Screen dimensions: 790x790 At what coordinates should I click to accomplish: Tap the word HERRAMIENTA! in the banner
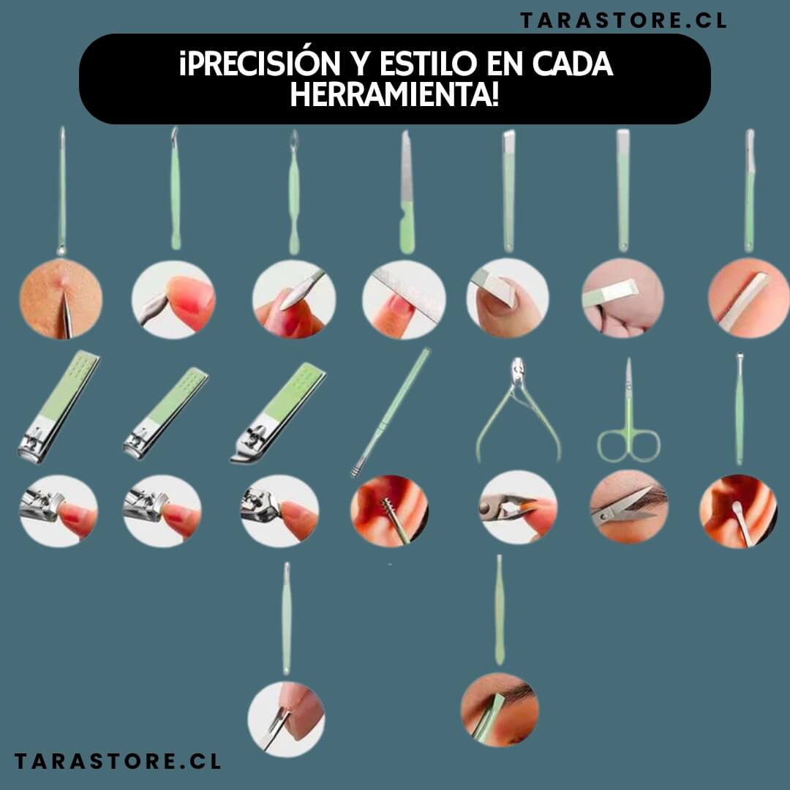click(394, 95)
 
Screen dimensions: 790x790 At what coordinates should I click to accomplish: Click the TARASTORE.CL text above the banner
click(623, 20)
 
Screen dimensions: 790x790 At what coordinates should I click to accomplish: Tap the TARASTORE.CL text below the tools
click(117, 761)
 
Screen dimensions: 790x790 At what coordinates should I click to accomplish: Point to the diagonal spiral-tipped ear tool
click(391, 413)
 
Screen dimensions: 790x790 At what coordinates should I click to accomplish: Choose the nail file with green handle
click(407, 194)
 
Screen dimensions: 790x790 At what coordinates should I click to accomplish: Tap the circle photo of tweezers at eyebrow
click(500, 710)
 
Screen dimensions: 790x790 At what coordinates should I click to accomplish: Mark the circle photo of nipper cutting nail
click(517, 507)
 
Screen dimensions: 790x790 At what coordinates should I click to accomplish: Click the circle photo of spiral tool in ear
click(389, 510)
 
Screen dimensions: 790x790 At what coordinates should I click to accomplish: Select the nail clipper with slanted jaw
click(278, 413)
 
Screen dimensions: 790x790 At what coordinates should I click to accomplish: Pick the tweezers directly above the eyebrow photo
click(500, 607)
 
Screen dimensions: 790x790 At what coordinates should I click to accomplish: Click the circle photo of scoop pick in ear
click(738, 511)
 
